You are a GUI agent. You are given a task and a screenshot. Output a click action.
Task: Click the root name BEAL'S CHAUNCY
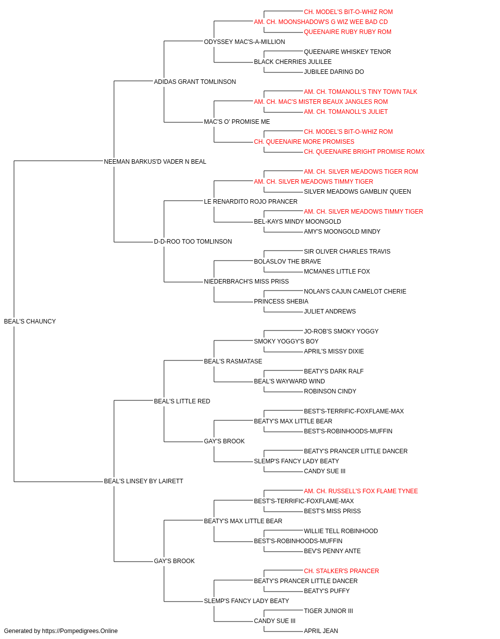click(29, 321)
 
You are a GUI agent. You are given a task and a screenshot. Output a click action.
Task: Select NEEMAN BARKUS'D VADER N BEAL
click(155, 162)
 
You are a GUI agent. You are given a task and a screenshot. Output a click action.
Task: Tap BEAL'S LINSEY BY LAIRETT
click(143, 481)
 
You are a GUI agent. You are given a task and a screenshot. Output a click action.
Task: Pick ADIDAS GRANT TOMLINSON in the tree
click(194, 82)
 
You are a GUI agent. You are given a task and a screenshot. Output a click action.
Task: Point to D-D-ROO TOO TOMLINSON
click(193, 242)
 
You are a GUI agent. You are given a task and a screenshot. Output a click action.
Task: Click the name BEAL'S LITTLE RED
click(182, 401)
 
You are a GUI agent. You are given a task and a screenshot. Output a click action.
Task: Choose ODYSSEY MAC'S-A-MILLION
click(244, 42)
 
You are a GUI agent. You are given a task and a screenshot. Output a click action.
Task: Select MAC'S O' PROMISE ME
click(236, 122)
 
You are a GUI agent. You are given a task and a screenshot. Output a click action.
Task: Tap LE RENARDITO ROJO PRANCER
click(250, 201)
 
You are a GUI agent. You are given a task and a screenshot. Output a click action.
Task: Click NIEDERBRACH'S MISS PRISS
click(246, 282)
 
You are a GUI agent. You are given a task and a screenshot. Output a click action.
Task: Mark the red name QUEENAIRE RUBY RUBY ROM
click(347, 32)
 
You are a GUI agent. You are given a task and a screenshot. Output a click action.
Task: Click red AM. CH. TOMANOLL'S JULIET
click(345, 112)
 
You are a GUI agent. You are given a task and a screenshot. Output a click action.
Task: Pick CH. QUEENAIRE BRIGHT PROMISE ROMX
click(364, 152)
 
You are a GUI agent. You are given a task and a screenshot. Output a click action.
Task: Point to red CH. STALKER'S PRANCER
click(341, 571)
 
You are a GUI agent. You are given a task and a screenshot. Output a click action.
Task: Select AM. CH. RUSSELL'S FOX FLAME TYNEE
click(360, 491)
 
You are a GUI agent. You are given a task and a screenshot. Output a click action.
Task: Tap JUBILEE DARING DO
click(333, 72)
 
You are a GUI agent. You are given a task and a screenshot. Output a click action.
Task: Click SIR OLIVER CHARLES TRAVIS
click(347, 252)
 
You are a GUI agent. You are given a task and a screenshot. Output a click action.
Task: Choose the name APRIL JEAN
click(320, 631)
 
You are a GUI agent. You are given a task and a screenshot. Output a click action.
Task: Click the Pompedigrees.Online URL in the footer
click(79, 631)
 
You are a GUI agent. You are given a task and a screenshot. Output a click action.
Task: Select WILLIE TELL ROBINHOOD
click(340, 531)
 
